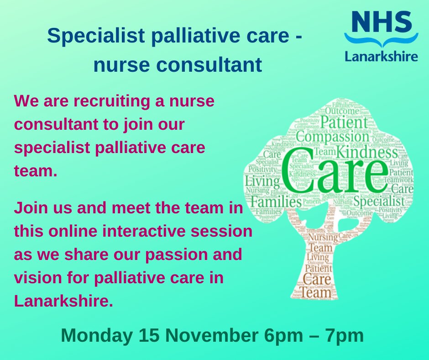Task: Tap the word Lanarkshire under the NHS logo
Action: click(x=381, y=57)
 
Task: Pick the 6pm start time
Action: click(x=278, y=336)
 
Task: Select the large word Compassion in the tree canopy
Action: click(x=332, y=137)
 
